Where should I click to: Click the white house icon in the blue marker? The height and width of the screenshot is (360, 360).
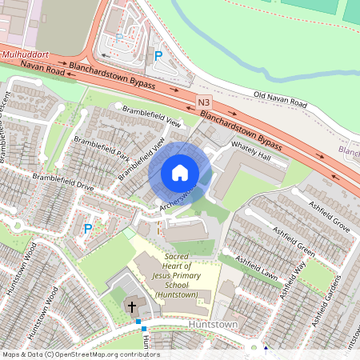[x=180, y=173]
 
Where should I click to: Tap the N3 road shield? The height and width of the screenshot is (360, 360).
[x=205, y=103]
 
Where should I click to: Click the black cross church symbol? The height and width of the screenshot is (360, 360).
[x=132, y=306]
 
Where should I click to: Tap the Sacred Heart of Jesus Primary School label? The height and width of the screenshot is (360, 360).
[x=177, y=278]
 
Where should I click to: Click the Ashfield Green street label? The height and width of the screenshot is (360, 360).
[x=293, y=238]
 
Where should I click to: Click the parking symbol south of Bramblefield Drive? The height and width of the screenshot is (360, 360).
[x=88, y=229]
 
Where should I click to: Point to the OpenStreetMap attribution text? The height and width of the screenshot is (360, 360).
[x=81, y=354]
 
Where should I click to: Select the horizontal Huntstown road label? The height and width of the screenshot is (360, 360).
[x=214, y=326]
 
